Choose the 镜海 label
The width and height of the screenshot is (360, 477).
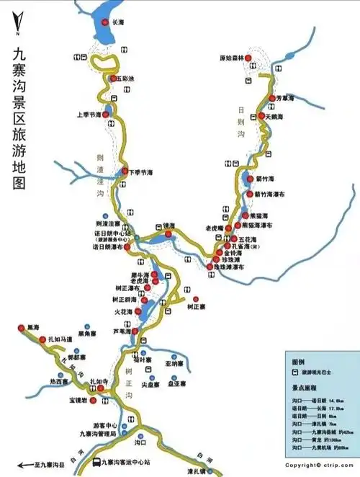[x=169, y=225]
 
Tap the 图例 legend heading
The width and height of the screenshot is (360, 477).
[x=298, y=361]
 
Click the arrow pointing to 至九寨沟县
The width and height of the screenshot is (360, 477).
[x=23, y=465]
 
